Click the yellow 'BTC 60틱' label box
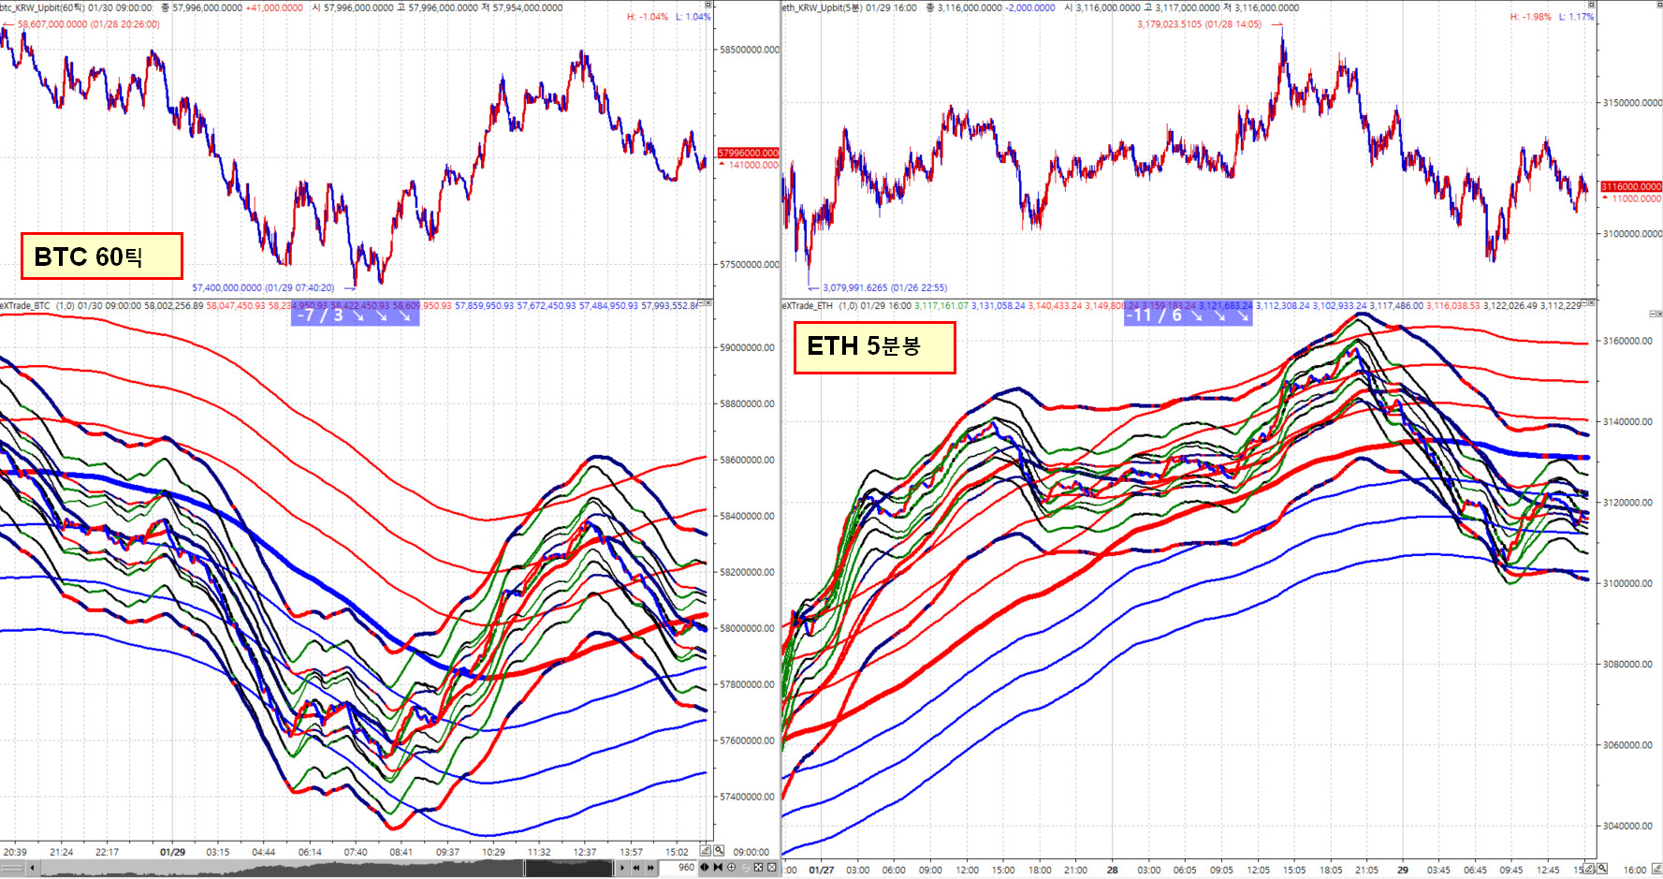click(x=101, y=256)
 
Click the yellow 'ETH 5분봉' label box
click(x=874, y=347)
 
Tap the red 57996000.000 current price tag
click(x=748, y=153)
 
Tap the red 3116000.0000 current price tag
click(x=1631, y=186)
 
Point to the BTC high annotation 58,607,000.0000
click(x=88, y=24)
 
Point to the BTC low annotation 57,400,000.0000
click(x=263, y=287)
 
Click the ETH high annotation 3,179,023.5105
click(x=1199, y=24)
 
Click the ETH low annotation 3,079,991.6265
click(x=884, y=287)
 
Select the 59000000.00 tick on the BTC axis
click(x=747, y=347)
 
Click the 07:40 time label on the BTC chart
click(x=356, y=852)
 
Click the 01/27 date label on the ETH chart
click(x=821, y=870)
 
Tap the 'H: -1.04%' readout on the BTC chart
click(x=648, y=17)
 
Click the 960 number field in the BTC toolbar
click(x=686, y=867)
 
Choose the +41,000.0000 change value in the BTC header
click(x=274, y=7)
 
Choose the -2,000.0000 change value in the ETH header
click(x=1029, y=7)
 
